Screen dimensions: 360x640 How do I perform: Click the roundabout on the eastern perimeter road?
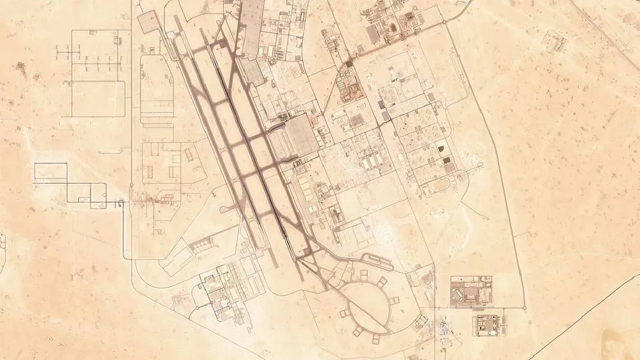tap(525, 308)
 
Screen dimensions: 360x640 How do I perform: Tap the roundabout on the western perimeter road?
tap(131, 185)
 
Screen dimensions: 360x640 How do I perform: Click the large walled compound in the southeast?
tap(471, 291)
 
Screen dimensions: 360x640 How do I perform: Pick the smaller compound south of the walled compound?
tap(488, 325)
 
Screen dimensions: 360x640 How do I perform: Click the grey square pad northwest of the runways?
tap(148, 24)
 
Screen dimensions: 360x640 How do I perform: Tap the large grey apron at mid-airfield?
tap(297, 137)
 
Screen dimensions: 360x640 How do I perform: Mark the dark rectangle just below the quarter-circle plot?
tap(446, 160)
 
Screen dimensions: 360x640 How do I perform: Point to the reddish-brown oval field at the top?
tap(393, 29)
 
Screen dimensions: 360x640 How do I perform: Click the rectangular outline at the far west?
tap(50, 171)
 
